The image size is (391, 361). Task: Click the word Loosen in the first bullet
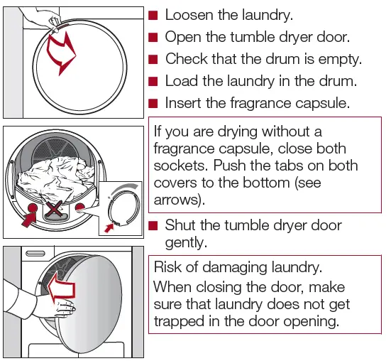pyautogui.click(x=190, y=15)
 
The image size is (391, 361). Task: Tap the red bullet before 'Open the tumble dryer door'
pyautogui.click(x=153, y=37)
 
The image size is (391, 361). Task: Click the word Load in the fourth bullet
pyautogui.click(x=182, y=81)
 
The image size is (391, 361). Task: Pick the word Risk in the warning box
pyautogui.click(x=170, y=268)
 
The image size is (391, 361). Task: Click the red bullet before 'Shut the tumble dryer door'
pyautogui.click(x=153, y=225)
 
